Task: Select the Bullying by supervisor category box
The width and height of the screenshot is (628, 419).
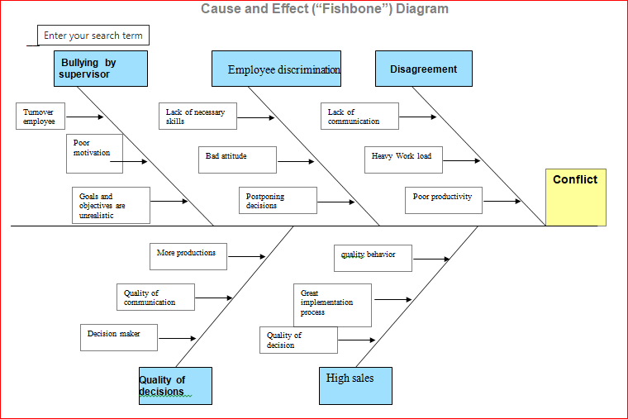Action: click(x=100, y=69)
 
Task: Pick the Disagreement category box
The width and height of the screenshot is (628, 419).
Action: click(x=423, y=69)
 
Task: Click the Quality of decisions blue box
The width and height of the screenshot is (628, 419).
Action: click(x=175, y=386)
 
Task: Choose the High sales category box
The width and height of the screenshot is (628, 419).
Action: click(x=355, y=386)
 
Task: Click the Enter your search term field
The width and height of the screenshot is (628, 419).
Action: click(x=93, y=36)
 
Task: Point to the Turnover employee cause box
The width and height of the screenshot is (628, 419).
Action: click(x=40, y=117)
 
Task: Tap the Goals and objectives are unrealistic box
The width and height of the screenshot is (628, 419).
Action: click(x=111, y=205)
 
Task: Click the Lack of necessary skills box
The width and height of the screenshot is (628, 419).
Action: click(x=197, y=117)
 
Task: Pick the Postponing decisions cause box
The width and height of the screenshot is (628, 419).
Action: click(x=278, y=201)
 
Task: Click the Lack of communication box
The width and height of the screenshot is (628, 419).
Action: click(x=359, y=117)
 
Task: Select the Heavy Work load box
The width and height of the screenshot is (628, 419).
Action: click(x=403, y=160)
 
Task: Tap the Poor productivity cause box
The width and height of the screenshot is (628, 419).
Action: click(x=444, y=200)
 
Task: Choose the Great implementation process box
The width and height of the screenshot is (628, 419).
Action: click(x=332, y=304)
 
